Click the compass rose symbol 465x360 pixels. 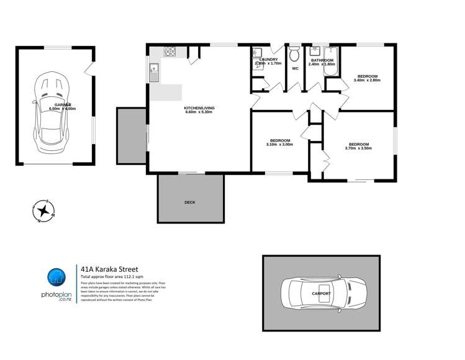coord(43,212)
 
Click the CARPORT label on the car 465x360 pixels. coord(321,293)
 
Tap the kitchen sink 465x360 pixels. coord(155,72)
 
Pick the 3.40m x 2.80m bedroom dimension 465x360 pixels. coord(366,80)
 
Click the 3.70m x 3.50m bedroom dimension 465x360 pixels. coord(358,148)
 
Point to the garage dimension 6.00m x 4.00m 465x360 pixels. coord(62,109)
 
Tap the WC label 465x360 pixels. coord(295,69)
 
